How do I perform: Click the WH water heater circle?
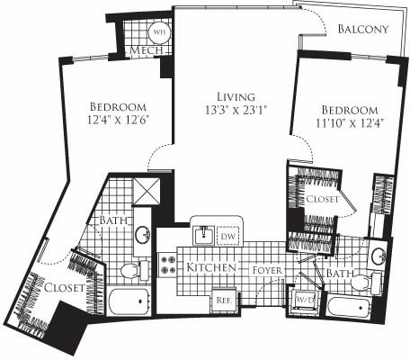point(159,31)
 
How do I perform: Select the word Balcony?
point(363,29)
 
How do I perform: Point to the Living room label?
point(236,96)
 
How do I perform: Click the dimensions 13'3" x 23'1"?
point(236,111)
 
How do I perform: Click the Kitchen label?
point(211,268)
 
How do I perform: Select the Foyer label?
point(269,268)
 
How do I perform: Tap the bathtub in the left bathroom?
point(132,300)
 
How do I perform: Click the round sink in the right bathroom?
point(379,255)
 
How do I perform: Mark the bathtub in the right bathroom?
point(352,309)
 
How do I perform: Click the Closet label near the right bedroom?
point(321,199)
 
